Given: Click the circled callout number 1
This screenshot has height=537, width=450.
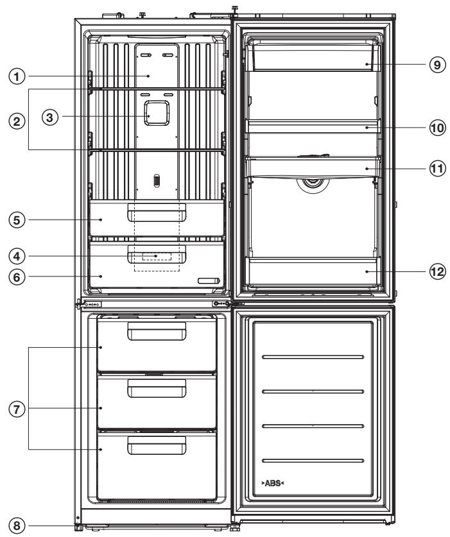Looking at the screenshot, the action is click(x=17, y=76).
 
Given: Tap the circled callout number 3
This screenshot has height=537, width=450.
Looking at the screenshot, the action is click(x=50, y=117).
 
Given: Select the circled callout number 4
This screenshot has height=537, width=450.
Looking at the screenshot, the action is click(x=17, y=256).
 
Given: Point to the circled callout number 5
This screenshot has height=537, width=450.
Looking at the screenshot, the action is click(x=17, y=219).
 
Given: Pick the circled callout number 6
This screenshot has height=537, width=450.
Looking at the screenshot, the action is click(x=17, y=277).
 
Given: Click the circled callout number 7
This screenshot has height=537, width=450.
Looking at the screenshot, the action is click(x=17, y=409).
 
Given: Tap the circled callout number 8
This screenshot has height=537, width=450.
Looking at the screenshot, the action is click(x=17, y=525).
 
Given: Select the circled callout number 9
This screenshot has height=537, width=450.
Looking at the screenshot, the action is click(x=437, y=64).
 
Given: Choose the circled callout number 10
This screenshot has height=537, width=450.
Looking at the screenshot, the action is click(x=437, y=128).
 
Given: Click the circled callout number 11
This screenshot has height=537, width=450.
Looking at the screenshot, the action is click(x=437, y=169).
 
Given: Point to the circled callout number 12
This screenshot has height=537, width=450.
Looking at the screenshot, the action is click(x=437, y=271).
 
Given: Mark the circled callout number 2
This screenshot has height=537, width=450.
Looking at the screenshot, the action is click(x=17, y=121).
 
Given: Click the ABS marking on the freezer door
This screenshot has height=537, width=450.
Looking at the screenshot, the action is click(x=273, y=483).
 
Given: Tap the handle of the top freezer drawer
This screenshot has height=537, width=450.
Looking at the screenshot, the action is click(x=157, y=331).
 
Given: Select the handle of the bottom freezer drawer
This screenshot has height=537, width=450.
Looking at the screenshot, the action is click(x=157, y=445).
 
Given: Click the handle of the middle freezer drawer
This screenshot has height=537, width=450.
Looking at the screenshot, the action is click(x=157, y=388).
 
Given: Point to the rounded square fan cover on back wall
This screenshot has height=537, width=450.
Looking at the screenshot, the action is click(x=157, y=113).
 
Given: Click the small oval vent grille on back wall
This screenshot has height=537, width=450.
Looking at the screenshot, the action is click(x=156, y=180).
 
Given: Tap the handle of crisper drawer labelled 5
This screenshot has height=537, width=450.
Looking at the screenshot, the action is click(x=157, y=212).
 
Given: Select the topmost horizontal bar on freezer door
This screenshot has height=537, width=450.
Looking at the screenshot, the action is click(x=313, y=357).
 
